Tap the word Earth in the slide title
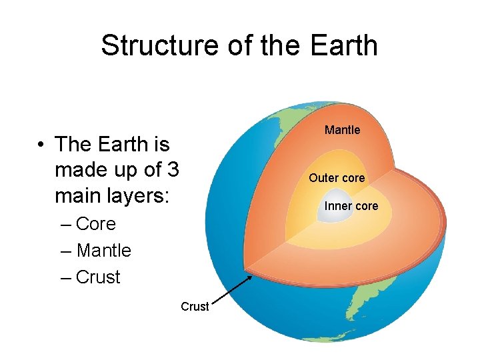point(344,45)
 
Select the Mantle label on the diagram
point(342,130)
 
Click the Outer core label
point(337,178)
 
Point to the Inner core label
point(351,206)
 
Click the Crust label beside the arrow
point(195,307)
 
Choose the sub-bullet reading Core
point(96,224)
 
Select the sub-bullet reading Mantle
point(103,251)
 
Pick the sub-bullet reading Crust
point(98,277)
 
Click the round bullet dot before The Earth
point(41,145)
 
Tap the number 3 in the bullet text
point(173,171)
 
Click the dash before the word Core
point(65,224)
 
